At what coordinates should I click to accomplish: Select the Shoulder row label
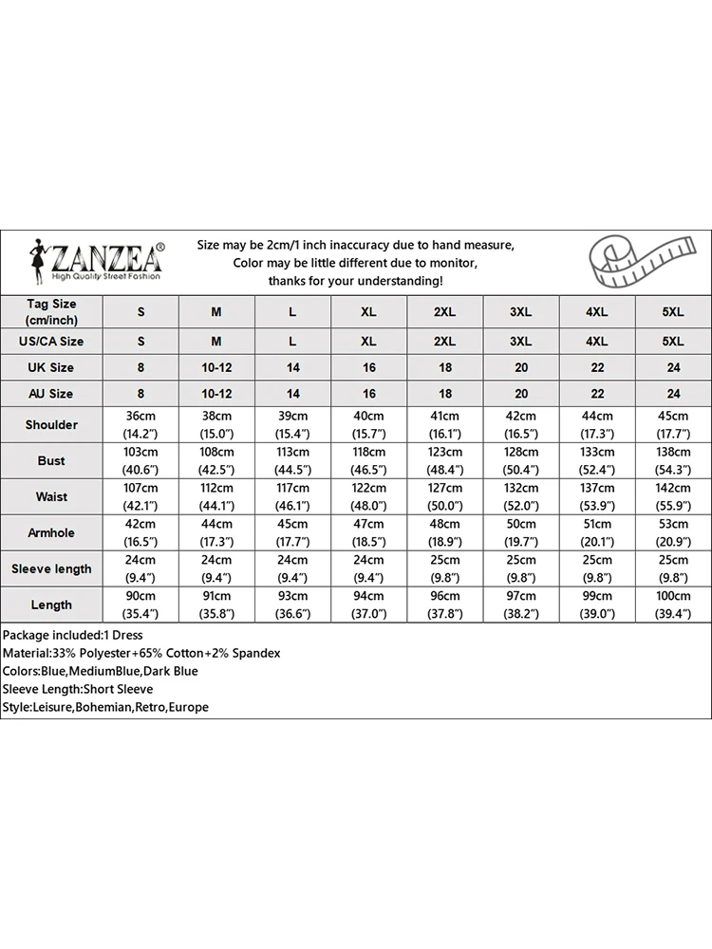click(51, 424)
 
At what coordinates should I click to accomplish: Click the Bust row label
click(51, 460)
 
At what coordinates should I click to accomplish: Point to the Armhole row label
click(51, 532)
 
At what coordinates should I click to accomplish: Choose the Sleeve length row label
click(51, 568)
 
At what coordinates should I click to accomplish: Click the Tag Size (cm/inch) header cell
click(51, 311)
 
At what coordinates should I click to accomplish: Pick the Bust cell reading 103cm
click(141, 460)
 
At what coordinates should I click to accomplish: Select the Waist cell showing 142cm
click(673, 496)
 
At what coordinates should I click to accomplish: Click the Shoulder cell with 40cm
click(368, 424)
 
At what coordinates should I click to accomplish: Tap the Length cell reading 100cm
click(673, 605)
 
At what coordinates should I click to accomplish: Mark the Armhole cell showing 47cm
click(368, 532)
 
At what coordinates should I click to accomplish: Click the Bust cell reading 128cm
click(521, 460)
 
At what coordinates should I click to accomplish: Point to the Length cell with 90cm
click(141, 605)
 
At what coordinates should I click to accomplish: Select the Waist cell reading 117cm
click(292, 496)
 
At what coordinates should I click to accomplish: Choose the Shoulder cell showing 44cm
click(597, 424)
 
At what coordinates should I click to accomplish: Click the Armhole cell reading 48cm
click(444, 532)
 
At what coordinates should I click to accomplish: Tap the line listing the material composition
click(141, 653)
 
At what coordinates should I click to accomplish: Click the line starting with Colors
click(100, 671)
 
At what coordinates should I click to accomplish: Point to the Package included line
click(72, 635)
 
